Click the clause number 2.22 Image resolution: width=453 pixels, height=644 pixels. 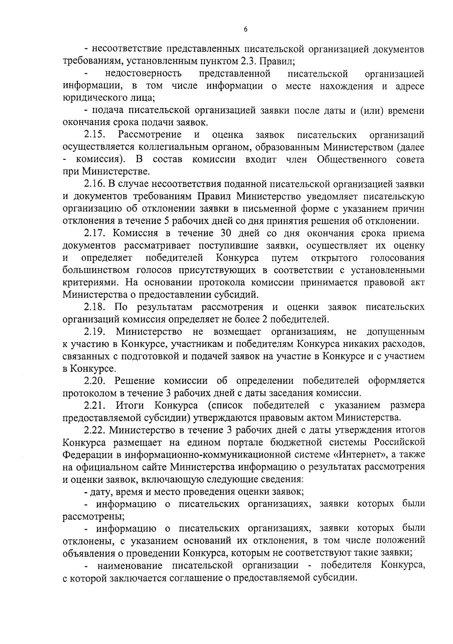click(x=95, y=430)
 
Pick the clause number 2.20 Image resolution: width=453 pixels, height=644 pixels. click(x=95, y=381)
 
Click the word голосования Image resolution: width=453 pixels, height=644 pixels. click(x=398, y=258)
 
